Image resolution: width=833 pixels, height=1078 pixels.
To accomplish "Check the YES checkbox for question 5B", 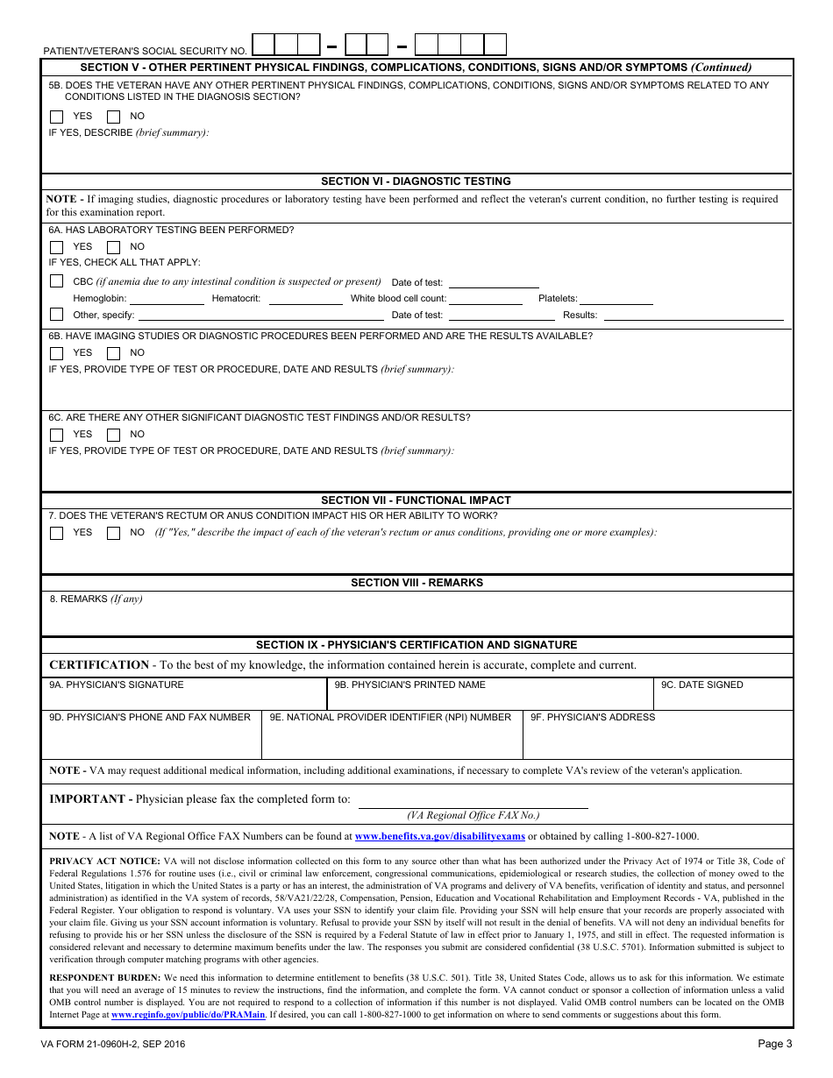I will pyautogui.click(x=57, y=117).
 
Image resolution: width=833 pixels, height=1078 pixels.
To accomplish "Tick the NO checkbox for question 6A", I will pyautogui.click(x=114, y=247).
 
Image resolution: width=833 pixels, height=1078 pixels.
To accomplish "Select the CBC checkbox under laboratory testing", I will pyautogui.click(x=57, y=281).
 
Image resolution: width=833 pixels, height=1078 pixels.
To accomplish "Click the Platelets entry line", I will pyautogui.click(x=616, y=300).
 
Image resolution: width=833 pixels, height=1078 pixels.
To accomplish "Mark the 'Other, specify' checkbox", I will pyautogui.click(x=57, y=314).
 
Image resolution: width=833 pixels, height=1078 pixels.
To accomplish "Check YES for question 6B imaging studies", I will pyautogui.click(x=57, y=353).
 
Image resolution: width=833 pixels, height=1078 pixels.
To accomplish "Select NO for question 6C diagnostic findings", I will pyautogui.click(x=114, y=435).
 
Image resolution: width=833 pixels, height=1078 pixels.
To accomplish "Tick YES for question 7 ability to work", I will pyautogui.click(x=57, y=533).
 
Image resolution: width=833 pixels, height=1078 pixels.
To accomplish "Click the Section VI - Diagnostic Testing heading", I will pyautogui.click(x=416, y=181).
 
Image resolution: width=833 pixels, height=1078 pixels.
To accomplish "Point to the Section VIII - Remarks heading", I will pyautogui.click(x=416, y=583).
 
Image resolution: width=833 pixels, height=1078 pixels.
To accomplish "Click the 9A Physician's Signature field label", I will pyautogui.click(x=117, y=685).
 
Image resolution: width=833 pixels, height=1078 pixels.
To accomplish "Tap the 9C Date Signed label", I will pyautogui.click(x=701, y=685).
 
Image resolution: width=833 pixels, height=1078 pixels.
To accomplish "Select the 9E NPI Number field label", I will pyautogui.click(x=390, y=718).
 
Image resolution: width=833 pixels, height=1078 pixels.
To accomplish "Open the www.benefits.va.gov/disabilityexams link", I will pyautogui.click(x=439, y=837).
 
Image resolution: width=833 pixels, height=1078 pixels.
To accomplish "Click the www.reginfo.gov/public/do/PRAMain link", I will pyautogui.click(x=188, y=1015).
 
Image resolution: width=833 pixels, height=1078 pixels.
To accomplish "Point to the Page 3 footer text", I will pyautogui.click(x=775, y=1044).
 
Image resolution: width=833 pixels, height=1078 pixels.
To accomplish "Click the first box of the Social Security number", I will pyautogui.click(x=263, y=45).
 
